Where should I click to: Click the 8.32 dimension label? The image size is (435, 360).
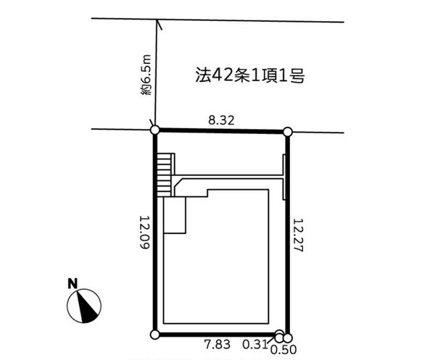point(221,120)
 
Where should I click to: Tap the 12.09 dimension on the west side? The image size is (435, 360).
point(144,232)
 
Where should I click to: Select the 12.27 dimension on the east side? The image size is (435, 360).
point(299,235)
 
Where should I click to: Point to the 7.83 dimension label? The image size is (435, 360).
point(217,345)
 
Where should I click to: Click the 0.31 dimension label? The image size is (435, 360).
point(255,345)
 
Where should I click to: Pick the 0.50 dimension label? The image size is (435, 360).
point(283,350)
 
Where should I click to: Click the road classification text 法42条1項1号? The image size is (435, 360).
point(250,75)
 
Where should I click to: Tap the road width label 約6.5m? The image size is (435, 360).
point(146,75)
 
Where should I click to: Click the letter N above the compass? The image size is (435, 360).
point(72,283)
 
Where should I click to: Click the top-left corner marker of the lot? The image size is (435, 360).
point(155,130)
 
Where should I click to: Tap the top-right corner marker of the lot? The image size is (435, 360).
point(288,132)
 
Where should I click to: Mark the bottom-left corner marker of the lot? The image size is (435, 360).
point(155,335)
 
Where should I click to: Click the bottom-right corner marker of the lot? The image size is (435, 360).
point(288,338)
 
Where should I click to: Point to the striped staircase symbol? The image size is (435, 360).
point(164,175)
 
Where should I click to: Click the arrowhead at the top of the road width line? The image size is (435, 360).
point(159,24)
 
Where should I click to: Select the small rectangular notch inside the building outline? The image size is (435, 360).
point(175,215)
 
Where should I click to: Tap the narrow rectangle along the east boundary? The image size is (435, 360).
point(284,177)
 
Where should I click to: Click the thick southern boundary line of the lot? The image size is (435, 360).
point(217,335)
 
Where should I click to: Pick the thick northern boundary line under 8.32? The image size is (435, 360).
point(221,131)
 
